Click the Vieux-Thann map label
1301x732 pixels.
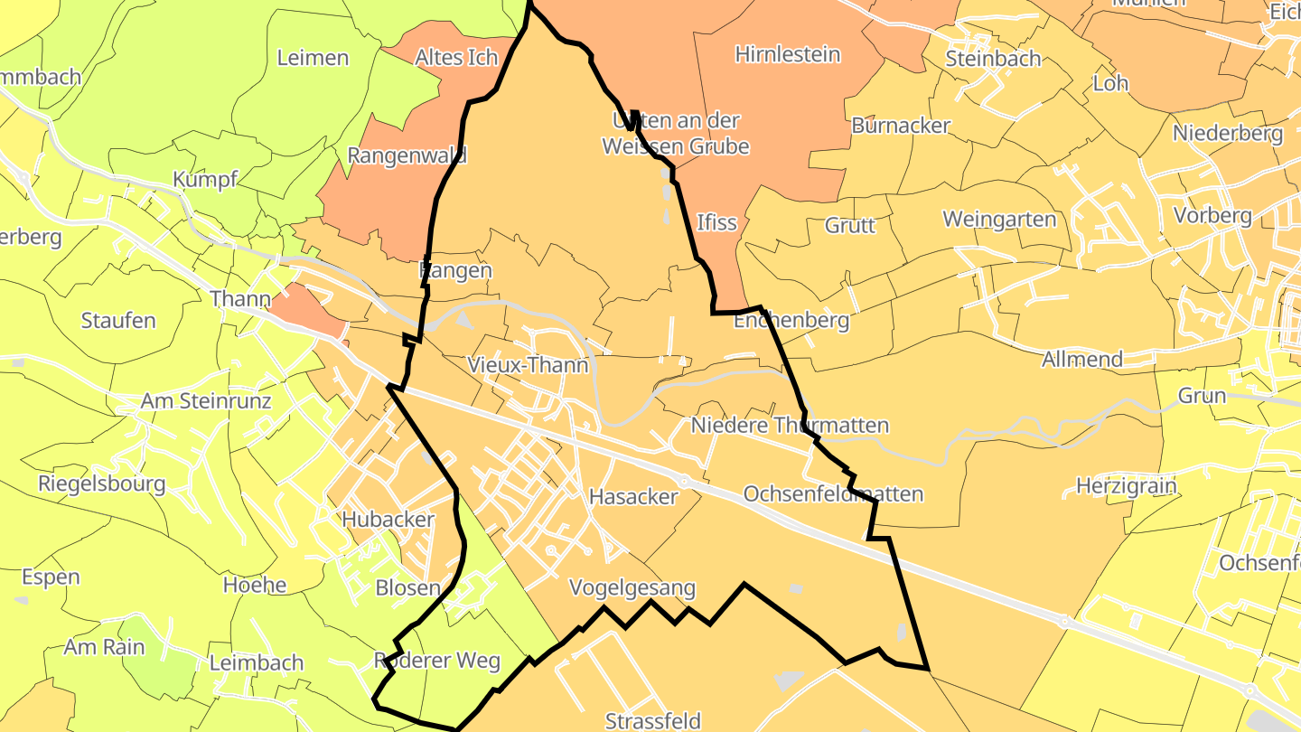pyautogui.click(x=529, y=365)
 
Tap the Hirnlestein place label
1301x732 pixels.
pyautogui.click(x=788, y=54)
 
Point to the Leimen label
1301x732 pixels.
pyautogui.click(x=313, y=58)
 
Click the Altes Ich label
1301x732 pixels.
pyautogui.click(x=456, y=58)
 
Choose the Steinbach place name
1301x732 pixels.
pyautogui.click(x=993, y=59)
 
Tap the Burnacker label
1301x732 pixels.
pyautogui.click(x=901, y=126)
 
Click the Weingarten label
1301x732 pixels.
pyautogui.click(x=999, y=220)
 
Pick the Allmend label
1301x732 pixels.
pyautogui.click(x=1082, y=359)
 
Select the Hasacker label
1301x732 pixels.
pyautogui.click(x=633, y=496)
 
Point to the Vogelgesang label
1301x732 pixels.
pyautogui.click(x=632, y=588)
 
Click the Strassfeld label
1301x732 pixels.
pyautogui.click(x=653, y=721)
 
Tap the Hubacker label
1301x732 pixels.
pyautogui.click(x=388, y=520)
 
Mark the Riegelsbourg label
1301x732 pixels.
pyautogui.click(x=102, y=483)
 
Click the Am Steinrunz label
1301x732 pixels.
pyautogui.click(x=206, y=400)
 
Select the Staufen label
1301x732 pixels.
pyautogui.click(x=118, y=321)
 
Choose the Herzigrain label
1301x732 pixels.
pyautogui.click(x=1127, y=486)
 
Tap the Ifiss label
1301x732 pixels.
pyautogui.click(x=717, y=221)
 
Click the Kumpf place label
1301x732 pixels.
pyautogui.click(x=205, y=179)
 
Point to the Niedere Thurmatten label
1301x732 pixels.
pyautogui.click(x=790, y=425)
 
